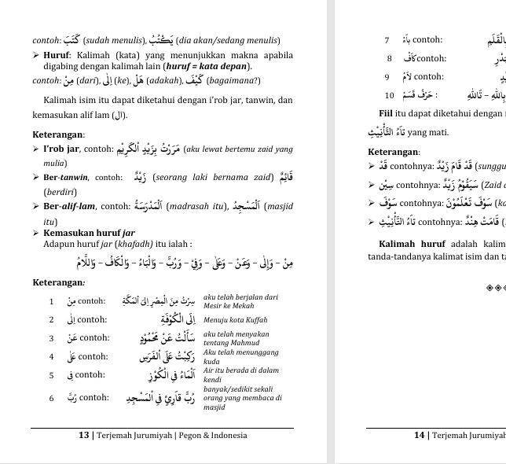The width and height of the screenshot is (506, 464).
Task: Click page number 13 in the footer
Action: point(84,435)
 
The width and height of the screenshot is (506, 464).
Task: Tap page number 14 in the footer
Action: point(420,435)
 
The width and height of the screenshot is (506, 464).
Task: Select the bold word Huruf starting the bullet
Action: point(57,56)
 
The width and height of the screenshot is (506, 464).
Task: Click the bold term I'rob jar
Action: point(60,149)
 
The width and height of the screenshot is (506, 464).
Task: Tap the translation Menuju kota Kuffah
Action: point(235,320)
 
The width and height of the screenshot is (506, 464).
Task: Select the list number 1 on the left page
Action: point(51,301)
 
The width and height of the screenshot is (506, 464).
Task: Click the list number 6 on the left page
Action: point(51,398)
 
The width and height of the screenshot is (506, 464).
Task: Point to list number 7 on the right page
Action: point(387,39)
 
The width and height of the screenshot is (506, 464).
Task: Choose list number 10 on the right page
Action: point(389,95)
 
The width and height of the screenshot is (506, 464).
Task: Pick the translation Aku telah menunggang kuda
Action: point(236,356)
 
